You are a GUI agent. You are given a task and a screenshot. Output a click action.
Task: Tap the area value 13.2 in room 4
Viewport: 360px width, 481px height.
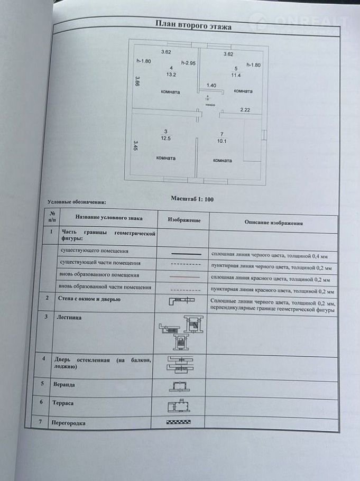(x=171, y=75)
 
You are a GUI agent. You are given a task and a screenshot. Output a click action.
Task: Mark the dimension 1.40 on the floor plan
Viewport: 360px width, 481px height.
(x=211, y=85)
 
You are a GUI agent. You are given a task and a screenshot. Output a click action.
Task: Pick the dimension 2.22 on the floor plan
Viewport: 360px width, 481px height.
(x=245, y=109)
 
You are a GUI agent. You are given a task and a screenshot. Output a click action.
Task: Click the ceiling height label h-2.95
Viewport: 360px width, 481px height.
(x=189, y=63)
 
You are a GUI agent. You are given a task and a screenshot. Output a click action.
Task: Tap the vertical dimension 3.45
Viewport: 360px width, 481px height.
(x=135, y=145)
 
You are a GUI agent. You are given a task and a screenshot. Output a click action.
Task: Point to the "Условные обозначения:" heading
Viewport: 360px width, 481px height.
(x=77, y=201)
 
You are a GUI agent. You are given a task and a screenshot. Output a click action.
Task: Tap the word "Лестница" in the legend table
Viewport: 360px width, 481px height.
(x=72, y=317)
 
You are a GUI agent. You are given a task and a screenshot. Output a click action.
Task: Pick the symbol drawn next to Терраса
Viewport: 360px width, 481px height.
(x=180, y=405)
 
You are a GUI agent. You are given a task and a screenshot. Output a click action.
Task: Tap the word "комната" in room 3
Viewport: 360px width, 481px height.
(x=166, y=158)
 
